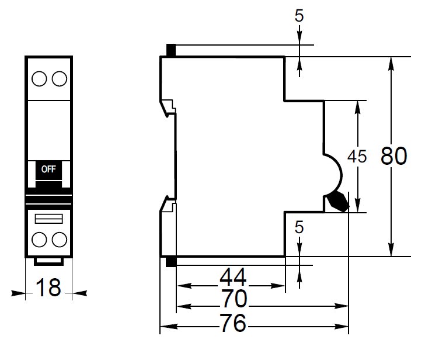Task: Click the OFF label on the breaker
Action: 48,169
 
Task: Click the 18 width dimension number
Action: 48,288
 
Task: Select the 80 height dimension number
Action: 393,156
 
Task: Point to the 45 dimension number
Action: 356,156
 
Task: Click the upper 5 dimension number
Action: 299,16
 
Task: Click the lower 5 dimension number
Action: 299,227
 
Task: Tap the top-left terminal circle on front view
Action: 39,78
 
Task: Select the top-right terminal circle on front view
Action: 58,78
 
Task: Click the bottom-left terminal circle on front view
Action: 39,240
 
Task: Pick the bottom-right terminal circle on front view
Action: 58,240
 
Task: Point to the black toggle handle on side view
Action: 337,201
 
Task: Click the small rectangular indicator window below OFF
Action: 48,218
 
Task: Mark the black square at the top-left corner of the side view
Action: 171,50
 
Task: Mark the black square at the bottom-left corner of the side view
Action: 171,262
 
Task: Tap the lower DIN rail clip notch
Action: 169,204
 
